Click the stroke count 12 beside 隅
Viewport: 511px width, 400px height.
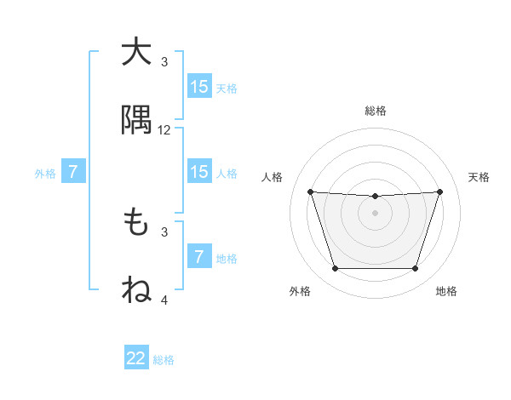164,130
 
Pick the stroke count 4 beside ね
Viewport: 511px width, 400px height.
164,300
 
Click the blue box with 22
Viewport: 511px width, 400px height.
136,358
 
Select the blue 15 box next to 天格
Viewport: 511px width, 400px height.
199,87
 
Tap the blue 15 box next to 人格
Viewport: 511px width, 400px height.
199,172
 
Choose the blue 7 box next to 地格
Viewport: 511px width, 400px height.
199,257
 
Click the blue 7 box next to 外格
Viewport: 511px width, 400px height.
73,172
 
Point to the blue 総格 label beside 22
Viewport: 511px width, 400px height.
164,359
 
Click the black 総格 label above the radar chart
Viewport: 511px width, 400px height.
376,111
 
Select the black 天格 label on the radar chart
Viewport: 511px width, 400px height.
479,177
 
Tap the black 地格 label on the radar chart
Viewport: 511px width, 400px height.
446,291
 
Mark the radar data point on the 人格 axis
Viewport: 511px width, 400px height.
310,191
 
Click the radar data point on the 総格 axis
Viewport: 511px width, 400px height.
376,197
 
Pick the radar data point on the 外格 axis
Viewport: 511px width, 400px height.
335,269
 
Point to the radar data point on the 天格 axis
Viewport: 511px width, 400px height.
440,191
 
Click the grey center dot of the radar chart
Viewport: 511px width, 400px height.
376,213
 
